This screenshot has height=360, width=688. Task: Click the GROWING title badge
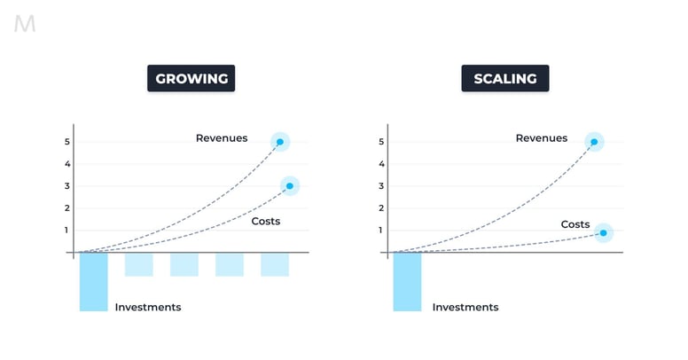(192, 79)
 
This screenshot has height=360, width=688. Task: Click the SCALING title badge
(504, 79)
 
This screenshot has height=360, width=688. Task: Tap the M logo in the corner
(25, 25)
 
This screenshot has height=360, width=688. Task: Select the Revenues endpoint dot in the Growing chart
(280, 142)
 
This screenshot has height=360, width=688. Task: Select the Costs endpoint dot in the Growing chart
(290, 186)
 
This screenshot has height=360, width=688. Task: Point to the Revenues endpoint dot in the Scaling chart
(594, 142)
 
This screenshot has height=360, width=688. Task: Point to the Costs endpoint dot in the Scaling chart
(603, 233)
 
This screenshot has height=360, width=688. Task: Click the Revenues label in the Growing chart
(222, 138)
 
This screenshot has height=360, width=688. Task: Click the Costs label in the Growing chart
(265, 221)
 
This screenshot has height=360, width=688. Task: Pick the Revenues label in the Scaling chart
(541, 138)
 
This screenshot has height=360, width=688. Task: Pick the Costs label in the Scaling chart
(575, 224)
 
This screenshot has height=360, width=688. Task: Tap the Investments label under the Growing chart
(148, 308)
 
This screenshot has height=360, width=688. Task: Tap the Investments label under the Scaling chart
(465, 308)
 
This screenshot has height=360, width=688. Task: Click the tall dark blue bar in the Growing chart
(93, 281)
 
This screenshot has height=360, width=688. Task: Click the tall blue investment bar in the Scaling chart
(407, 281)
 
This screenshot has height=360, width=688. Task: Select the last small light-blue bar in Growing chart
(275, 264)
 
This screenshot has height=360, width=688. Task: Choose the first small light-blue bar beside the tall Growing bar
(139, 264)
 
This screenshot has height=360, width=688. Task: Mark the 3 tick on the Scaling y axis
(381, 186)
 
